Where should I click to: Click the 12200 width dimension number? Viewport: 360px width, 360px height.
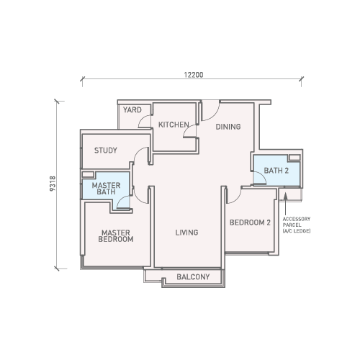tap(194, 75)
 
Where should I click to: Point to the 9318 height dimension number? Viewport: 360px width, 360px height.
tap(53, 184)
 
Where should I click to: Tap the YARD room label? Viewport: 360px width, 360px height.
tap(132, 110)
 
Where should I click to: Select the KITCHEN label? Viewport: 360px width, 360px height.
tap(174, 125)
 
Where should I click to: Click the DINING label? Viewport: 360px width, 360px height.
tap(228, 127)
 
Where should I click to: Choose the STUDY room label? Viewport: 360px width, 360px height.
tap(106, 150)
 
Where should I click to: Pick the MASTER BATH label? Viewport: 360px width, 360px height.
tap(106, 189)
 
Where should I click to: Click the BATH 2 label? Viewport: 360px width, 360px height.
tap(276, 171)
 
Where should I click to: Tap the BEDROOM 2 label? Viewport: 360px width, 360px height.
tap(250, 222)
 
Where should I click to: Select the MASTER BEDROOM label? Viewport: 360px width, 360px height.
tap(116, 236)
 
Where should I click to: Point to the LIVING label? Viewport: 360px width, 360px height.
tap(186, 233)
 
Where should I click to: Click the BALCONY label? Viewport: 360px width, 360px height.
tap(193, 276)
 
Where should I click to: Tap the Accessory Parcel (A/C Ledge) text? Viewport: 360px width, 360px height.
tap(297, 225)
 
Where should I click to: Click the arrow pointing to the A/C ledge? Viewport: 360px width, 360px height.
tap(285, 204)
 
